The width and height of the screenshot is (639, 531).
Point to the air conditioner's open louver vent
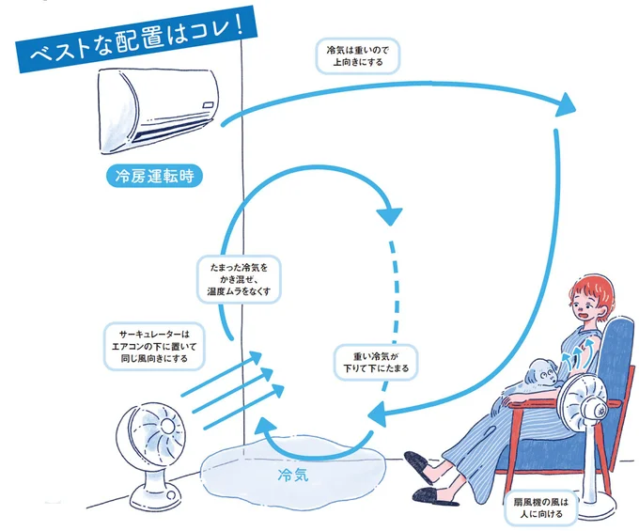[x=174, y=137]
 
